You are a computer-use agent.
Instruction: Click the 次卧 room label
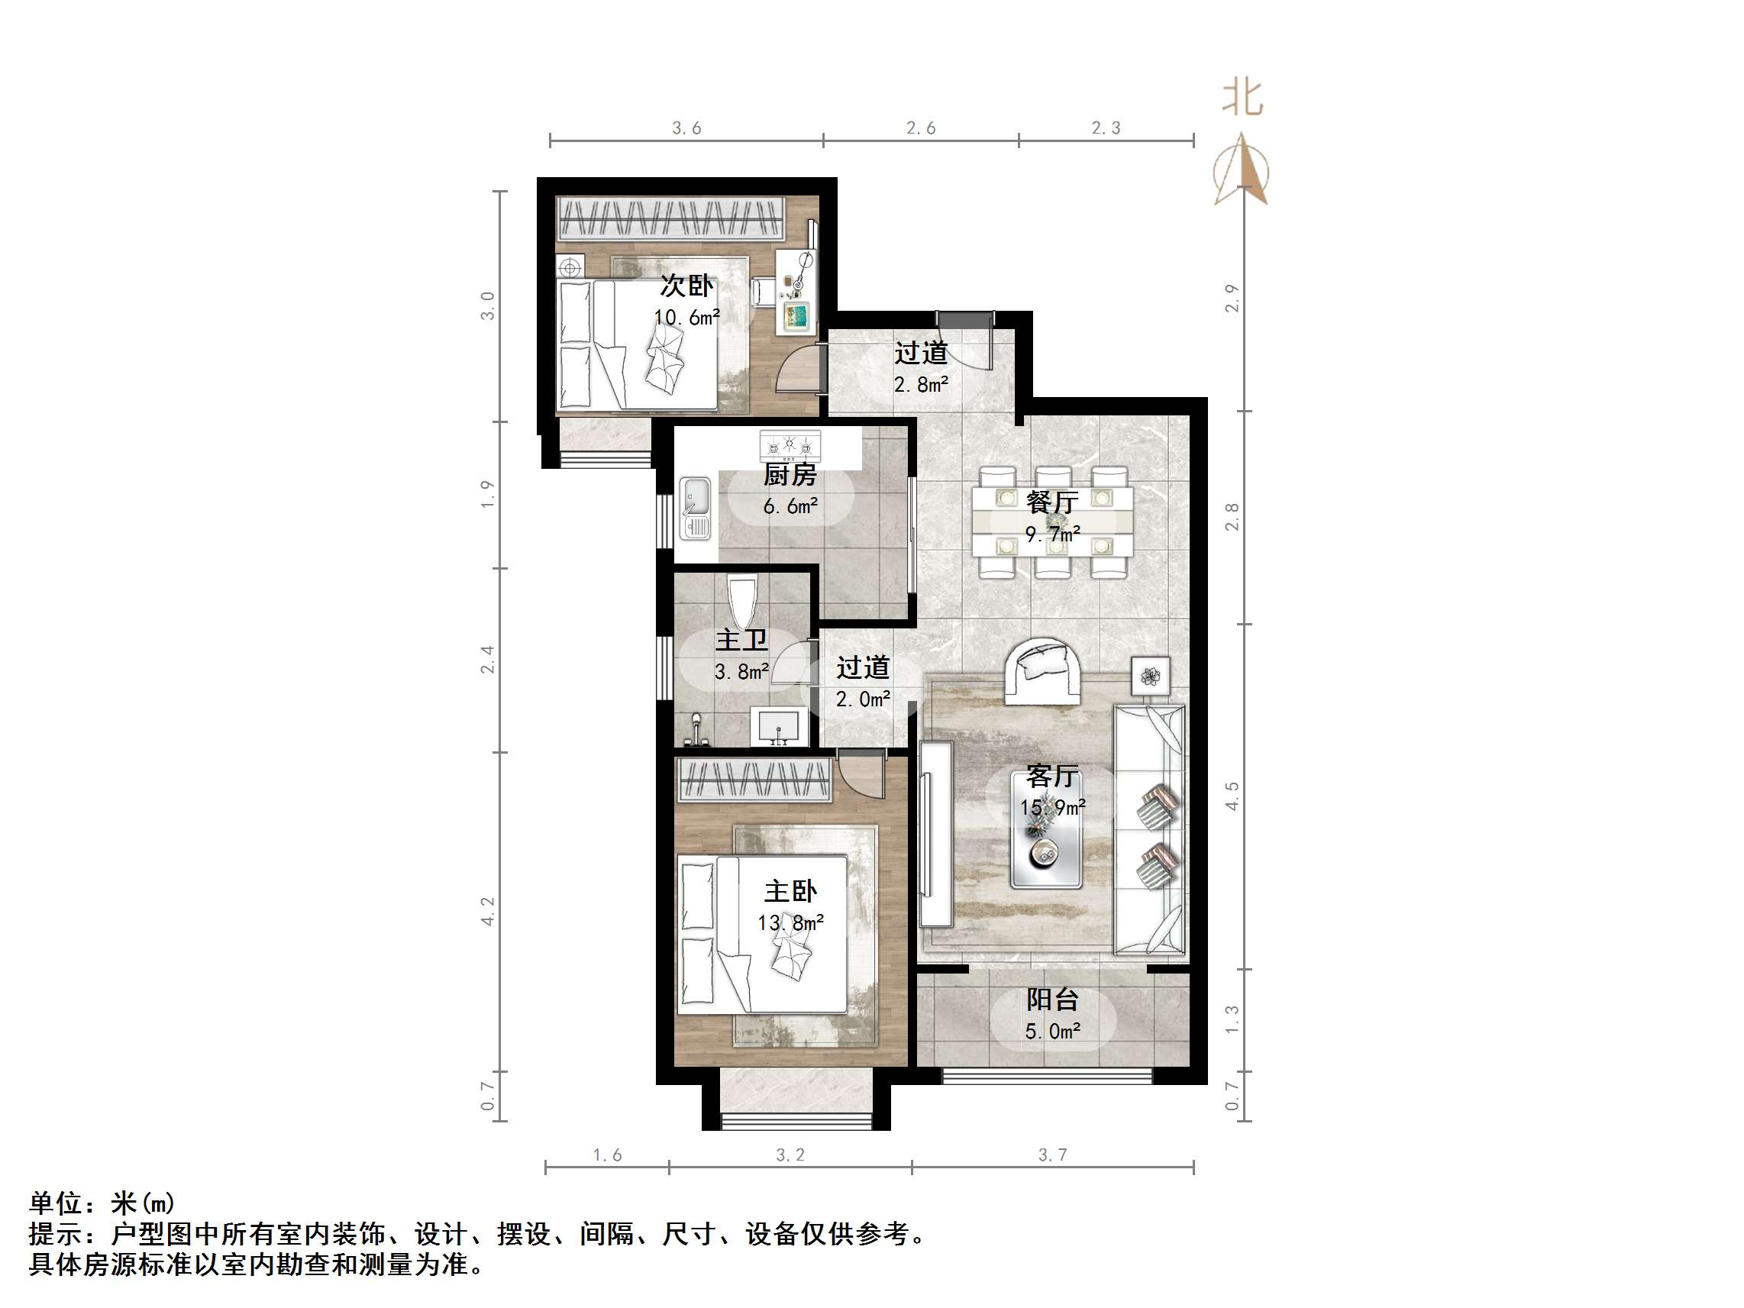click(x=686, y=286)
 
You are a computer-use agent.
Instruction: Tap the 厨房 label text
click(x=790, y=475)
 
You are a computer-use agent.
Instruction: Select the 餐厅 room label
click(x=1052, y=502)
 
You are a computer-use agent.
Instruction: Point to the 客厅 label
click(x=1051, y=777)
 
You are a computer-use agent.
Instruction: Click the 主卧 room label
click(x=790, y=892)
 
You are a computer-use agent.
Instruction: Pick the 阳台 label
click(x=1051, y=1000)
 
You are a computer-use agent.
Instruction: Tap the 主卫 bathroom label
click(x=741, y=639)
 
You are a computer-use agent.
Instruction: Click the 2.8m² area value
click(x=921, y=385)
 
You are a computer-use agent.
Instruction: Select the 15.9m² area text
click(x=1052, y=807)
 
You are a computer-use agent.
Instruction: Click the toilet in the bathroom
click(x=742, y=602)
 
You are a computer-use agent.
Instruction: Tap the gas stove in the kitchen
click(x=790, y=445)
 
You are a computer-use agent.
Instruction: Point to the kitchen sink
click(x=696, y=509)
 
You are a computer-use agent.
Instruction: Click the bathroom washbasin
click(x=779, y=726)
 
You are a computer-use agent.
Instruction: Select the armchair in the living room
click(x=1042, y=670)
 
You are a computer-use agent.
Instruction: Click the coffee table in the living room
click(x=1046, y=829)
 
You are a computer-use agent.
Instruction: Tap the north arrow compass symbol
click(x=1242, y=170)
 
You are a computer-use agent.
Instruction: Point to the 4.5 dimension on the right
click(x=1232, y=796)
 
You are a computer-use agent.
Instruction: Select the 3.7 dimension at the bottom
click(x=1052, y=1155)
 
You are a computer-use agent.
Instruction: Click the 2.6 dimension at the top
click(x=921, y=128)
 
